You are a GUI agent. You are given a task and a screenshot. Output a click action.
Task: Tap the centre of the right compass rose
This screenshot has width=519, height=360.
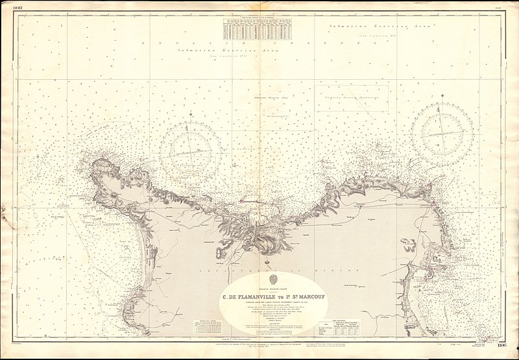pyautogui.click(x=442, y=134)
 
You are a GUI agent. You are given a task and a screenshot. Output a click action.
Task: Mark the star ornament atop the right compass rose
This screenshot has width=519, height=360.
pyautogui.click(x=442, y=102)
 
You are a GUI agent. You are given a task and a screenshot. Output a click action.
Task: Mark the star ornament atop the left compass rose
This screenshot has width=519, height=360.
pyautogui.click(x=191, y=117)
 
